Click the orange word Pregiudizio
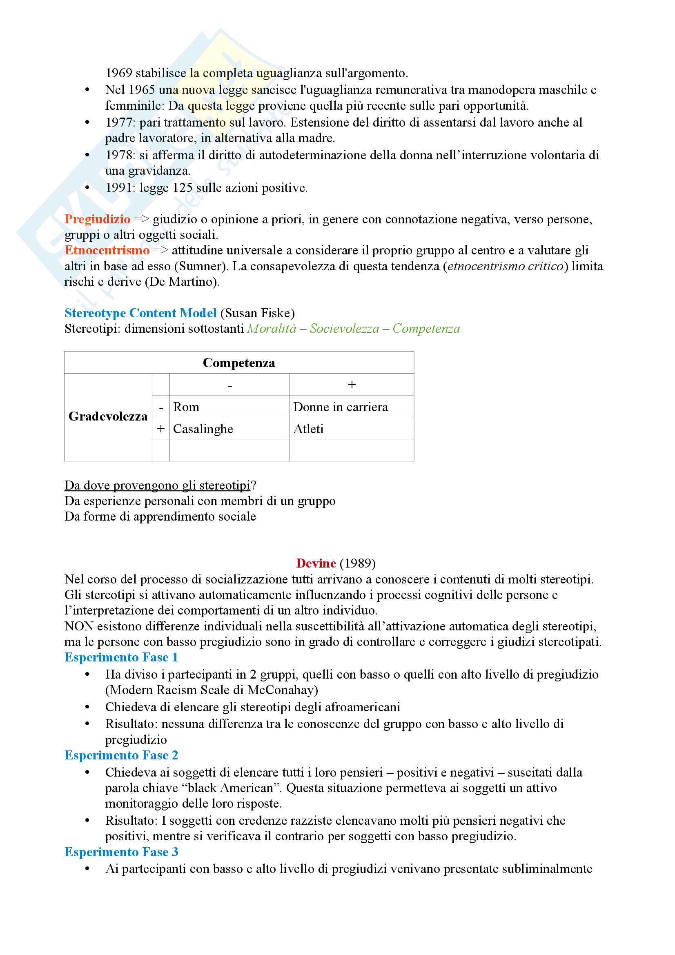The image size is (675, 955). [97, 219]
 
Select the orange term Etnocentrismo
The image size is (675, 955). [107, 250]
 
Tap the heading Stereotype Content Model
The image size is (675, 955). [140, 313]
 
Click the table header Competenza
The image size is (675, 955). [239, 363]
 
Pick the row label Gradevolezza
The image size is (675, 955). [108, 416]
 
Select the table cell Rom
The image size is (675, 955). [186, 407]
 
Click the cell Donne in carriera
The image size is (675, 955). [340, 407]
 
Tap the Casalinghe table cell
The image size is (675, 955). [203, 429]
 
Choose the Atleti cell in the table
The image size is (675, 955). [308, 429]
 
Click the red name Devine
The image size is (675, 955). [316, 563]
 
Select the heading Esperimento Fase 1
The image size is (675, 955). [121, 657]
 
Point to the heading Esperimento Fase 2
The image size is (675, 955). [121, 755]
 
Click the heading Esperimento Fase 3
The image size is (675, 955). [121, 852]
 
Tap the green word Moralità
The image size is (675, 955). [272, 329]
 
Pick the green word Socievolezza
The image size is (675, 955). [344, 329]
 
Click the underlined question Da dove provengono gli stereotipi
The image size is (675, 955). [158, 485]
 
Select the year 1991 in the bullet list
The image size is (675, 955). [120, 188]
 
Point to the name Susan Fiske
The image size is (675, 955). [257, 313]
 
